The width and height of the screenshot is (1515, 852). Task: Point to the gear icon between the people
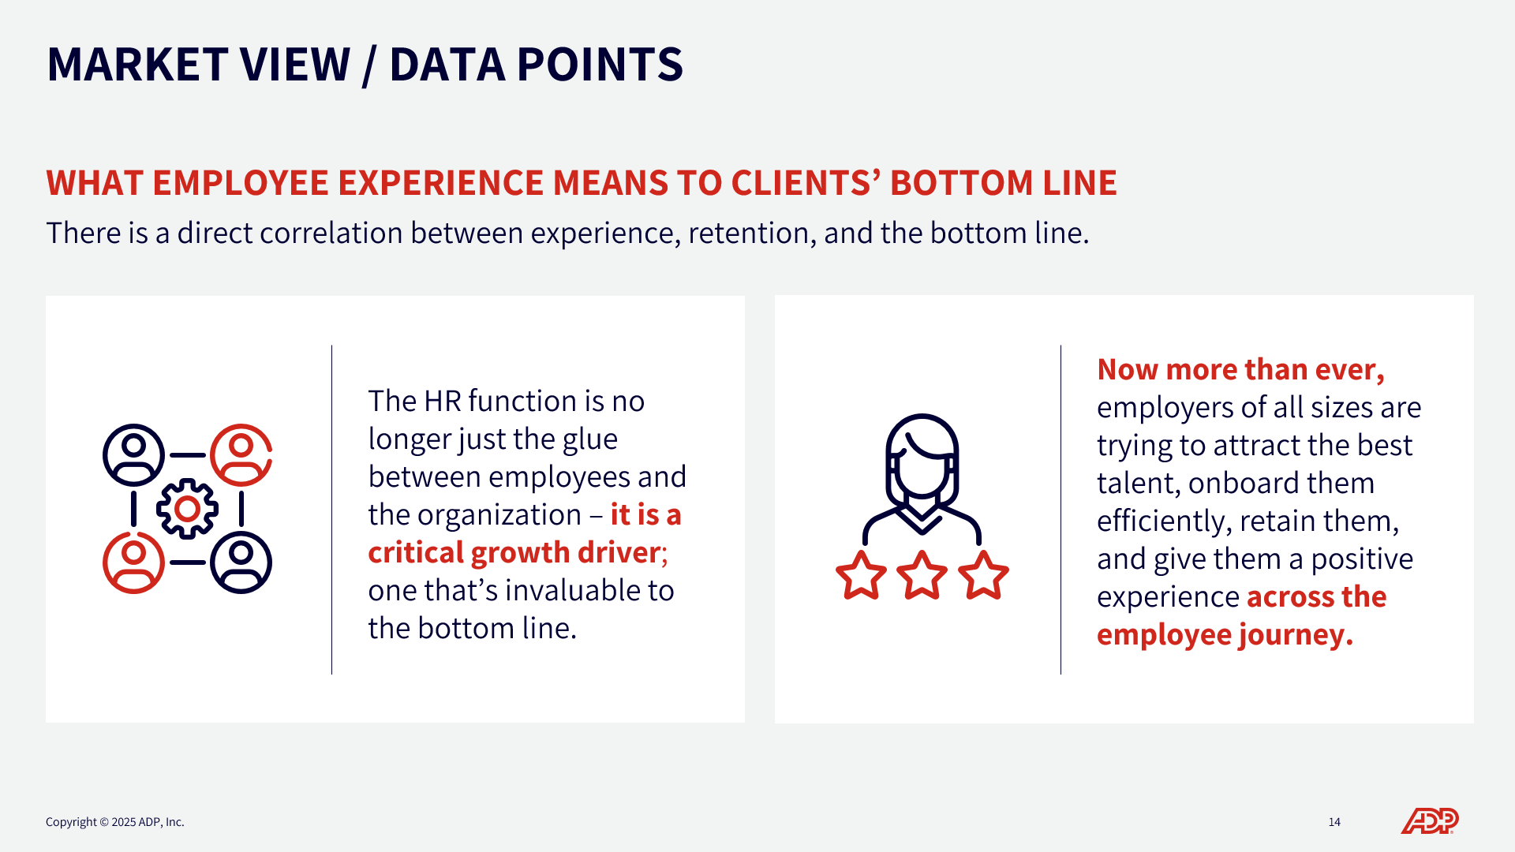[187, 509]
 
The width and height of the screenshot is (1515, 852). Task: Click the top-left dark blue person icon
[133, 455]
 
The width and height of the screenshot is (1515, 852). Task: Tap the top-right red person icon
[241, 455]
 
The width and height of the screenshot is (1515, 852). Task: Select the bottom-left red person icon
[133, 562]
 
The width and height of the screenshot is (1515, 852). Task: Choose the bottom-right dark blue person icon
[241, 562]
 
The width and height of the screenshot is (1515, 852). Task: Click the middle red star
[922, 576]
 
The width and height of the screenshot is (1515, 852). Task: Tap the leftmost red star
[861, 576]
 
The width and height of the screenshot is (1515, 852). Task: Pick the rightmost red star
[983, 576]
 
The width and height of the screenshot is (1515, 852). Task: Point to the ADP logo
[1430, 821]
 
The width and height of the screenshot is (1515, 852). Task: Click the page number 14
[1334, 822]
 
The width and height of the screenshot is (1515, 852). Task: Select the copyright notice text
[115, 822]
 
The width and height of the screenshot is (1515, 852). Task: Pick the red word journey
[1296, 636]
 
